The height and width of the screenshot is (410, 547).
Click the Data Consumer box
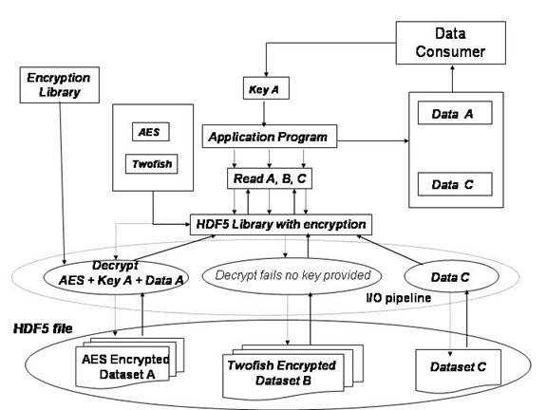[451, 43]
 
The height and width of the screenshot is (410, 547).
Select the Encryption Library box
[60, 85]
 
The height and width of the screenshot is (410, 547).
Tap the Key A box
[266, 88]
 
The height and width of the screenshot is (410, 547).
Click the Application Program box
[270, 137]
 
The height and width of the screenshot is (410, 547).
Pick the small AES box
[151, 132]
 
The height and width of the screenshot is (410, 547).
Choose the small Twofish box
[151, 164]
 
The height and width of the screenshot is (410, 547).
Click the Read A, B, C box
[270, 178]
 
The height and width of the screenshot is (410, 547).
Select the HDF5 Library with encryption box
[281, 224]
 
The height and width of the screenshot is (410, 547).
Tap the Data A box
[455, 113]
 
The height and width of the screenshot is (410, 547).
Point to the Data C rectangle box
[455, 184]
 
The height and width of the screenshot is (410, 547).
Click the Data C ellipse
[451, 277]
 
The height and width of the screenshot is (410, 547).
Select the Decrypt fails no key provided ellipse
[292, 276]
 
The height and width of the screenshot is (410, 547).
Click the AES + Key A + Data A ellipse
[117, 278]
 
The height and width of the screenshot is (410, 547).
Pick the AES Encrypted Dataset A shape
[129, 363]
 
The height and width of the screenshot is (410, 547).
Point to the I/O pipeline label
[399, 298]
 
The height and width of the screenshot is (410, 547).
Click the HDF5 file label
[43, 328]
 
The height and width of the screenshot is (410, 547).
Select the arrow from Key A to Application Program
[264, 112]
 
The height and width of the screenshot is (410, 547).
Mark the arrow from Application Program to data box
[373, 140]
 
